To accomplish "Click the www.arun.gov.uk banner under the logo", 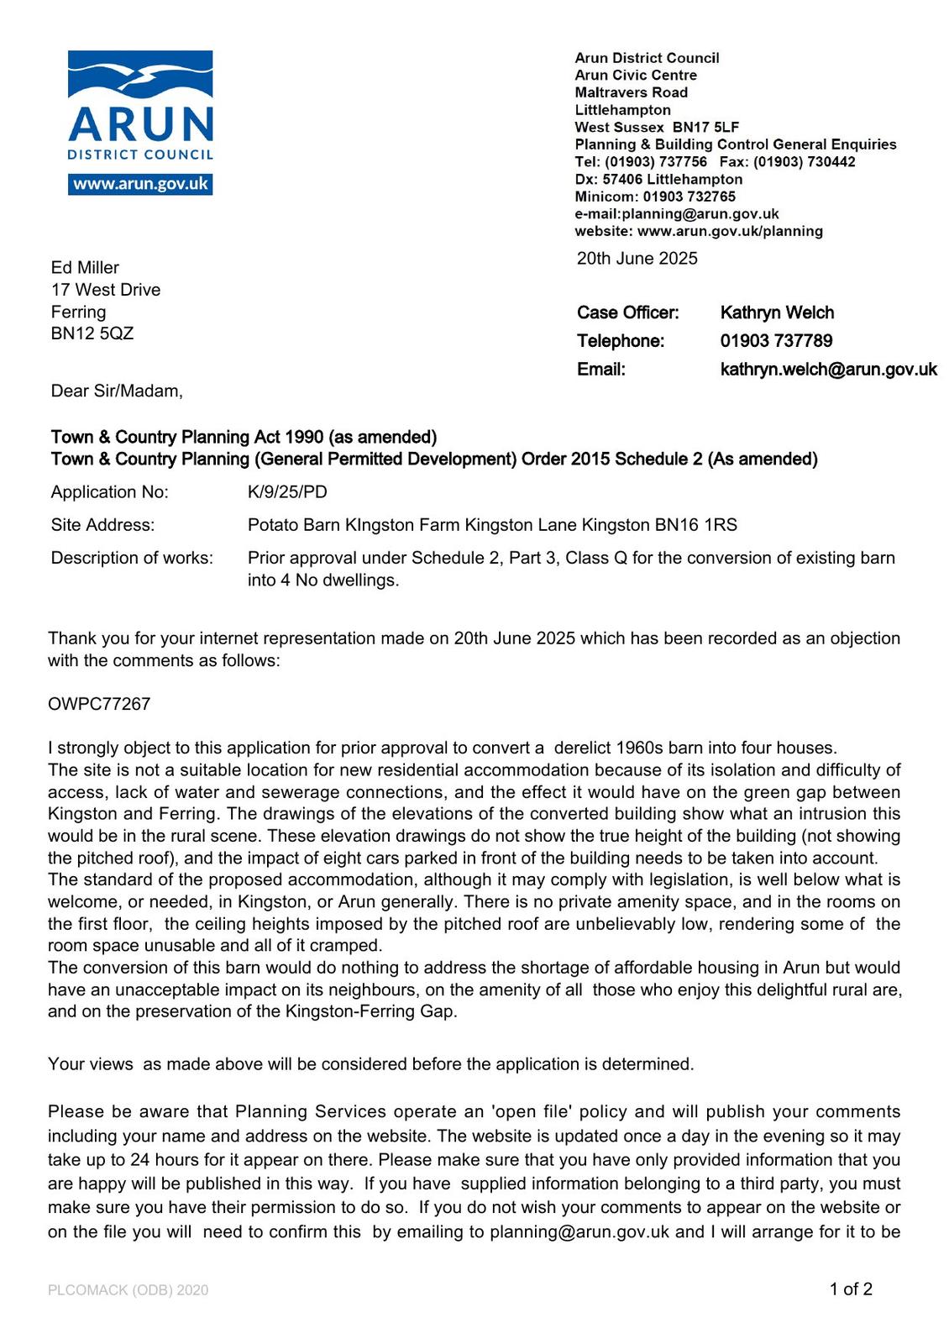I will pos(140,184).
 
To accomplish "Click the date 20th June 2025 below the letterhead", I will pos(637,259).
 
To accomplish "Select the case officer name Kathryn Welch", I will pos(777,312).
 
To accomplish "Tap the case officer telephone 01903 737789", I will pos(776,341).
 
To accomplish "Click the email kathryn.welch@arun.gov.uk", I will pos(828,370).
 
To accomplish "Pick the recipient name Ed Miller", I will pos(85,268).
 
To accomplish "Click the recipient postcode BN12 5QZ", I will pos(92,333).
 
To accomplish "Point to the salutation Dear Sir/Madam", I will pos(117,391).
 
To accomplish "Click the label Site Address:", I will pos(102,526).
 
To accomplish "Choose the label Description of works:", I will pos(132,559).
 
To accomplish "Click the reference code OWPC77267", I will pos(99,704).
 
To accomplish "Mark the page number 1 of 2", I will pos(851,1289).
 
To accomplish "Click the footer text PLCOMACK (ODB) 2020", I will pos(128,1290).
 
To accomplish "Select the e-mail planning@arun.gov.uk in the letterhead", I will pos(700,214).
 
